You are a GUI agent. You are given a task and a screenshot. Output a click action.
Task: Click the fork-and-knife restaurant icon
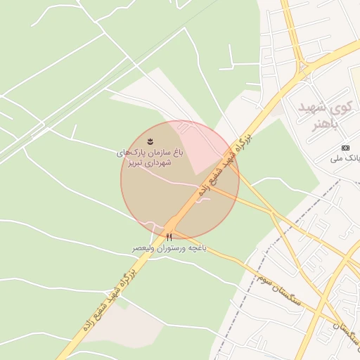(x=169, y=237)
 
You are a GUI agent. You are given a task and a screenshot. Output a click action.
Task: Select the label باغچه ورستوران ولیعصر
(x=169, y=249)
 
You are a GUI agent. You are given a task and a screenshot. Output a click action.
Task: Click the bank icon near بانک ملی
(x=345, y=148)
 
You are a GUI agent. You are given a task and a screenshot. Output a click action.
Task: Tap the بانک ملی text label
(x=347, y=159)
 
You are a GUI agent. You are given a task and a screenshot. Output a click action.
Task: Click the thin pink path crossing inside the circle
(x=176, y=182)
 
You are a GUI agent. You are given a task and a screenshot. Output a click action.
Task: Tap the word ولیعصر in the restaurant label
(x=143, y=249)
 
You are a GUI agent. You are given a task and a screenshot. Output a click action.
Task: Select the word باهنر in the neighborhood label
(x=325, y=124)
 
